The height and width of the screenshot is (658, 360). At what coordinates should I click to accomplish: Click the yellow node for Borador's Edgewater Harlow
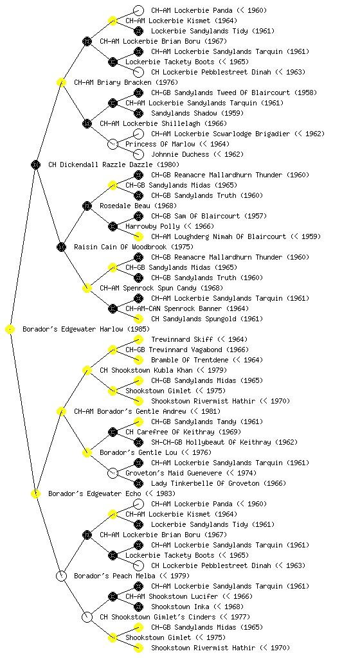(10, 330)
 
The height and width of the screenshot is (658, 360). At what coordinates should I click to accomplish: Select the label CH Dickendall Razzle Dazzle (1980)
(114, 165)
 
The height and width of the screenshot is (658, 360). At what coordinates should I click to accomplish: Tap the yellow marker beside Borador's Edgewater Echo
(35, 494)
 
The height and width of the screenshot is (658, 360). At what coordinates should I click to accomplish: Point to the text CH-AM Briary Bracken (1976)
(126, 83)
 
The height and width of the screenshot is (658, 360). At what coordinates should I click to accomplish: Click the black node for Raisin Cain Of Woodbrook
(61, 247)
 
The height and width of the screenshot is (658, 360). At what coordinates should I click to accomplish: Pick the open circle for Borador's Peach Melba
(61, 576)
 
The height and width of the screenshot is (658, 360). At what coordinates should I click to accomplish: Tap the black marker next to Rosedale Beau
(87, 206)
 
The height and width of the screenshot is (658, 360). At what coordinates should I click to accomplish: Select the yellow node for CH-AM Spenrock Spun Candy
(87, 289)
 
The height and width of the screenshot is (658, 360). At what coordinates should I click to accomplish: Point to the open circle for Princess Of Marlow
(113, 145)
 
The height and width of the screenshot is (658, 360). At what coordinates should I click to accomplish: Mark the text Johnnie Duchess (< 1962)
(197, 154)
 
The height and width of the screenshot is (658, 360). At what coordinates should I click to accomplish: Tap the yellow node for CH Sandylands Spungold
(138, 319)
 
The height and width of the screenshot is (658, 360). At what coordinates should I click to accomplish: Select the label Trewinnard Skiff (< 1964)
(199, 339)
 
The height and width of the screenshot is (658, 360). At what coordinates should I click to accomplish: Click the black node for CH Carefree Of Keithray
(113, 432)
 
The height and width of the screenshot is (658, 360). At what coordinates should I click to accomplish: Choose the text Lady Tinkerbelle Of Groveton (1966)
(219, 483)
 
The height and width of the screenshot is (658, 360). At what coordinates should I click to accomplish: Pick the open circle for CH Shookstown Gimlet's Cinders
(87, 618)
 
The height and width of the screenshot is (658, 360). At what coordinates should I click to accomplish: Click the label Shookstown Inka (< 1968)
(197, 607)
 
